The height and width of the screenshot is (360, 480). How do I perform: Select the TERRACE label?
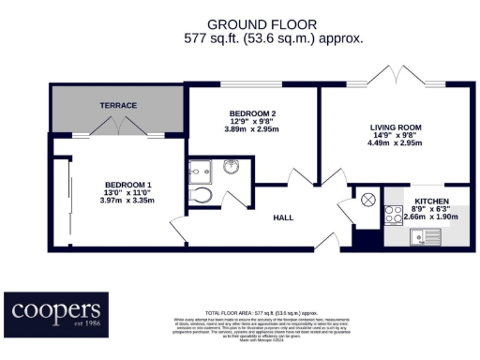click(118, 106)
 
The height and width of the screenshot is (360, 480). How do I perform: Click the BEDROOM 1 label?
click(126, 185)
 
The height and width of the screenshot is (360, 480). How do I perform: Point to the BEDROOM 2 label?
click(251, 113)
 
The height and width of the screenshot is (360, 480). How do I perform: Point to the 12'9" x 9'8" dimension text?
click(251, 123)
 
